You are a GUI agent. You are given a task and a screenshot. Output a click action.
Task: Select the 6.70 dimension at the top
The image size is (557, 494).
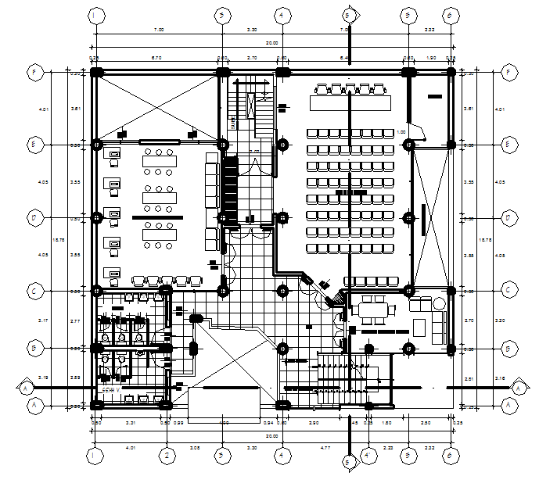[x=156, y=58]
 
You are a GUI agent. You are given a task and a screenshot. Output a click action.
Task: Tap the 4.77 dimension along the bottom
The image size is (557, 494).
[x=324, y=448]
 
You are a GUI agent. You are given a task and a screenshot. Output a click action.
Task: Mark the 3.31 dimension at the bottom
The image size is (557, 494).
[x=131, y=423]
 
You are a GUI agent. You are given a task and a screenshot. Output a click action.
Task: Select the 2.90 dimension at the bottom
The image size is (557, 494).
[x=314, y=423]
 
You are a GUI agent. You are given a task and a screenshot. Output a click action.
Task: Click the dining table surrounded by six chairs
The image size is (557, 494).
[x=372, y=310]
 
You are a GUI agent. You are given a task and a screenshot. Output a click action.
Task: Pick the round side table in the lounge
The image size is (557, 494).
[x=437, y=302]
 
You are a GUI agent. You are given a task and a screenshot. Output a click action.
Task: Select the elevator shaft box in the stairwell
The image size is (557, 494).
[x=250, y=105]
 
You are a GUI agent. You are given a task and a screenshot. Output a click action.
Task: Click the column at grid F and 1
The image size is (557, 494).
[x=95, y=73]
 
